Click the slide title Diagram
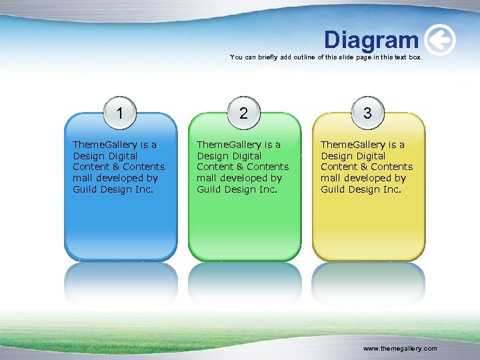tap(371, 40)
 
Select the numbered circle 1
tap(119, 113)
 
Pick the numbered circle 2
tap(243, 113)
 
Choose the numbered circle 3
tap(367, 113)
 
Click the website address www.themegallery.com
tap(400, 349)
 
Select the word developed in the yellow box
tap(382, 178)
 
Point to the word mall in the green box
tap(206, 178)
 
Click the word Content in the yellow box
tap(339, 167)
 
